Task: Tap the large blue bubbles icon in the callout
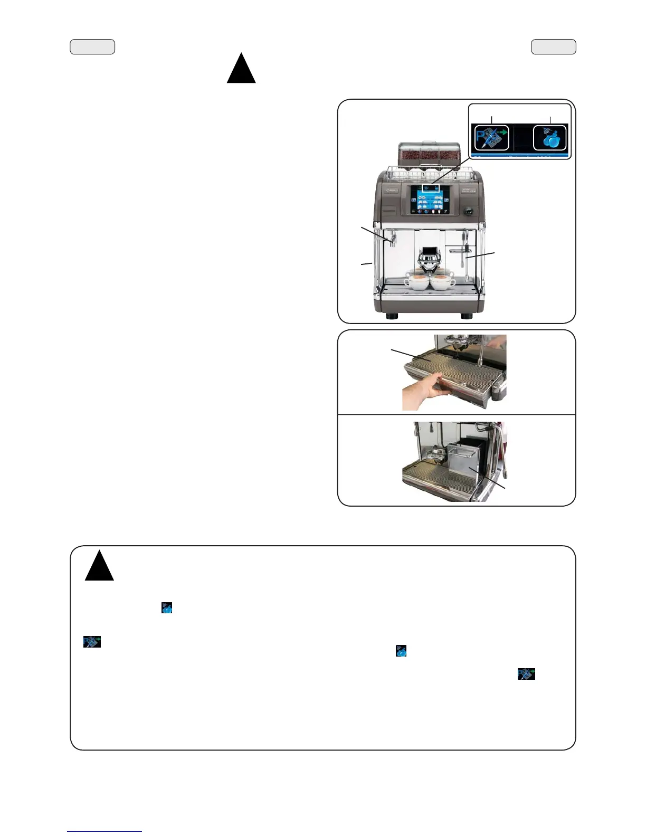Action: (x=550, y=138)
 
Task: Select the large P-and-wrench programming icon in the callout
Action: (x=491, y=138)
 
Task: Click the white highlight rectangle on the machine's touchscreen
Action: (x=430, y=187)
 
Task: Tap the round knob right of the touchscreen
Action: (x=467, y=211)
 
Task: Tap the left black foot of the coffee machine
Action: (x=392, y=316)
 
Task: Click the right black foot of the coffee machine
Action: (x=466, y=316)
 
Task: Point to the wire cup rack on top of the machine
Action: (x=428, y=171)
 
